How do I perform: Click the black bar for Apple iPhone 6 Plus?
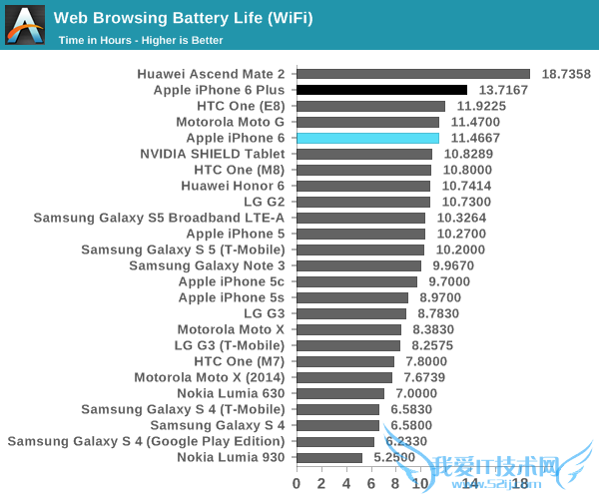point(381,90)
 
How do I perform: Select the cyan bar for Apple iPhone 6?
point(367,138)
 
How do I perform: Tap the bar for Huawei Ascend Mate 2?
point(412,74)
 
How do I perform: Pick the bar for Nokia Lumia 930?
point(329,457)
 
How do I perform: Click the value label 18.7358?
point(566,74)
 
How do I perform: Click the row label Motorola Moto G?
point(231,122)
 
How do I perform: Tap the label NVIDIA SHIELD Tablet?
point(213,154)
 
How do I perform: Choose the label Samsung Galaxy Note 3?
point(207,265)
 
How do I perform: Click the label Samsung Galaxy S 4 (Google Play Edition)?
point(146,441)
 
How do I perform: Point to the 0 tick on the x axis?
point(297,483)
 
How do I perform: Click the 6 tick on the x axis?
point(371,483)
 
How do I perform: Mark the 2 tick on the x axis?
point(321,483)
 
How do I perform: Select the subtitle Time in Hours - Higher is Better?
point(141,40)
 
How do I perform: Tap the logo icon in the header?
point(25,25)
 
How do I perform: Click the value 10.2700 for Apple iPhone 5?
point(461,234)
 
